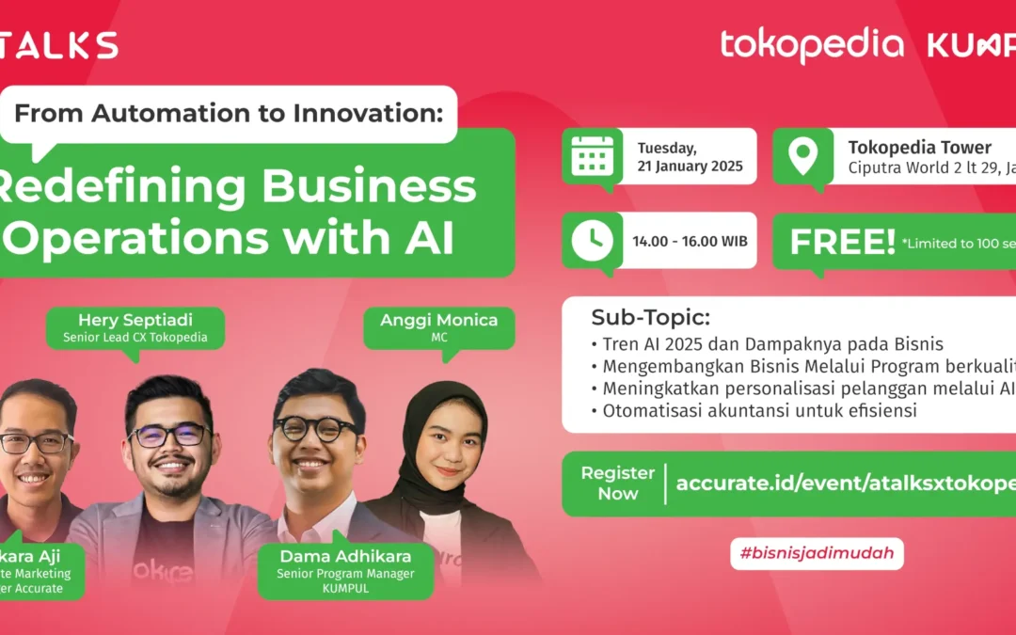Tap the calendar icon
(593, 155)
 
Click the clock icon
(593, 241)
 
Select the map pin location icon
(802, 155)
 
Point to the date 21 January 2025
(690, 167)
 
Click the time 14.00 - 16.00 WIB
(690, 241)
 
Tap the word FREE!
(842, 242)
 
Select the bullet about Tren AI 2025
(767, 343)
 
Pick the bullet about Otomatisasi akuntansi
(752, 409)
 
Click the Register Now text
(617, 483)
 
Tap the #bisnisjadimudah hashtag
(817, 553)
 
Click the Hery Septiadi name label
(135, 320)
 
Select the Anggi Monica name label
(438, 320)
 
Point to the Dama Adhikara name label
(344, 556)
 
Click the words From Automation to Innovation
(228, 115)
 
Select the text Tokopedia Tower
(919, 148)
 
